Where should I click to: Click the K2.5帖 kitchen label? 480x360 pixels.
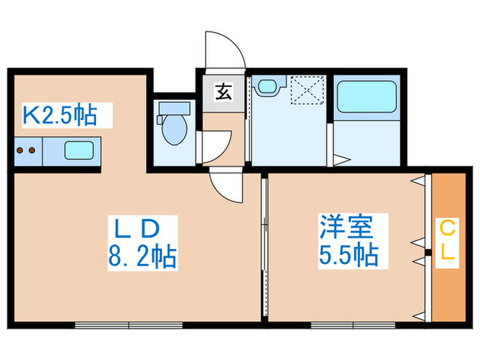pos(60,115)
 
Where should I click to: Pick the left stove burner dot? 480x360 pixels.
pos(21,150)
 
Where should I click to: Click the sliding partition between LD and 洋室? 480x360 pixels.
pos(264,247)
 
